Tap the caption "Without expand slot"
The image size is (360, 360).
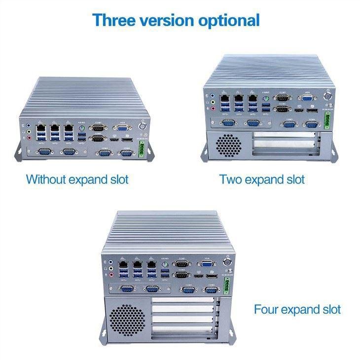[77, 179]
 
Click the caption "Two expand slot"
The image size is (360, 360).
[262, 179]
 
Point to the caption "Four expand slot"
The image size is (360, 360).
[297, 310]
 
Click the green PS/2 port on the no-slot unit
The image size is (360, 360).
[82, 130]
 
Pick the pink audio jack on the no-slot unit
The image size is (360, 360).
[30, 139]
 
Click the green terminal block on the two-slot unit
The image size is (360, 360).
[328, 119]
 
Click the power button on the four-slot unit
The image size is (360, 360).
[228, 258]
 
